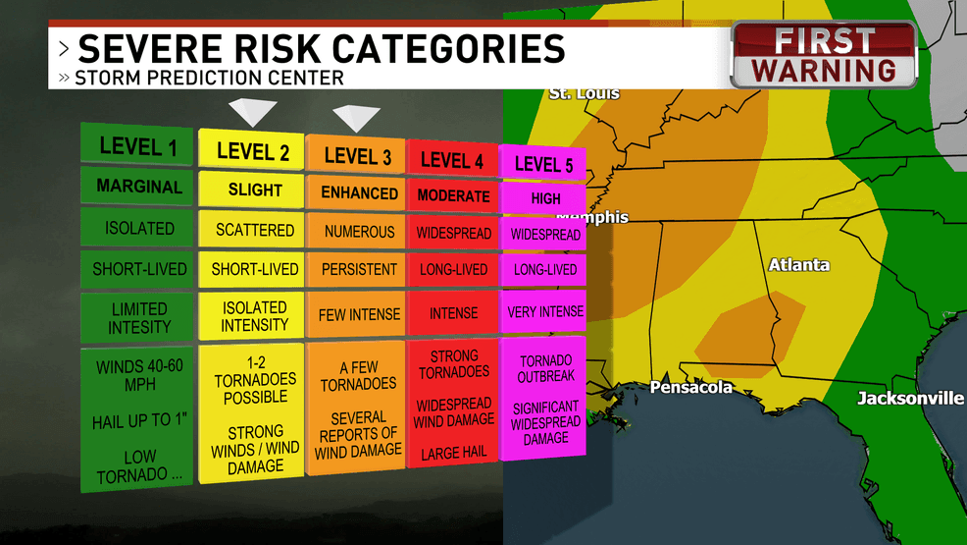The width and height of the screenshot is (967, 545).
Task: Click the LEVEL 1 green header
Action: (x=138, y=147)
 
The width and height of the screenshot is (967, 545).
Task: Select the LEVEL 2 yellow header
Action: (x=253, y=151)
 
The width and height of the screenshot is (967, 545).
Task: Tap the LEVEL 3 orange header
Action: (x=357, y=156)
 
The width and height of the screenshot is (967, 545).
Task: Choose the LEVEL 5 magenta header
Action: (x=543, y=164)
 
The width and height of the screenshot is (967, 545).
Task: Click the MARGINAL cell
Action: (x=139, y=187)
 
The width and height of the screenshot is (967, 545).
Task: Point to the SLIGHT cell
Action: (x=254, y=190)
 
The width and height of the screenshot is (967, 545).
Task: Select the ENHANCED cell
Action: (x=357, y=193)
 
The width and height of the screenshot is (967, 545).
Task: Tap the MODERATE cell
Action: (x=453, y=195)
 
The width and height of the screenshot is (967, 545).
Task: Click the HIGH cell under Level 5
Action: (x=545, y=198)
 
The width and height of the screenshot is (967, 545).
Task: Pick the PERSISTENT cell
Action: (x=357, y=269)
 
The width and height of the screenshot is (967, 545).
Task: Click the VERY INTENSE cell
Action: (x=545, y=312)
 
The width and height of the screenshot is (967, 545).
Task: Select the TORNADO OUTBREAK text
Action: (x=546, y=369)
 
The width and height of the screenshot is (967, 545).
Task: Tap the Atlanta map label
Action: (x=798, y=265)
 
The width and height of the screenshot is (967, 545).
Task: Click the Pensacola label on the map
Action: (x=690, y=388)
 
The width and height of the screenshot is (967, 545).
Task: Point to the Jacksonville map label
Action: (x=910, y=398)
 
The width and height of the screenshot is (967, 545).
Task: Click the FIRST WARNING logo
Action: (x=824, y=56)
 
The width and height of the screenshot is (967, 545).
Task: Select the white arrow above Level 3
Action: (x=355, y=119)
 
